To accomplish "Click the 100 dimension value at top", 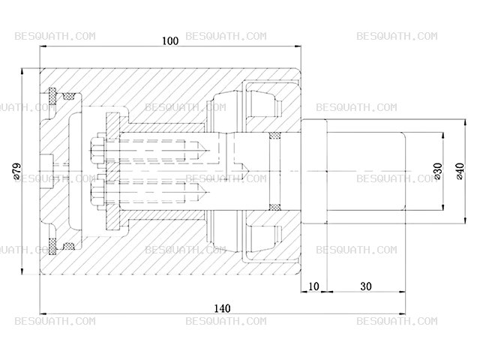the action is coord(170,40).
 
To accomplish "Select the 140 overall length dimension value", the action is coord(222,308).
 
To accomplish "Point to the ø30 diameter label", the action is coord(438,171).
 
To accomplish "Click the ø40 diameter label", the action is coord(460,171).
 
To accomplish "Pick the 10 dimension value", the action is coord(313,286).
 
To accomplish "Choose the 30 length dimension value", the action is coord(366,286).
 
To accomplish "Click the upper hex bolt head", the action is coord(97,150).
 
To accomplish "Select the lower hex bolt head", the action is coord(97,192).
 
